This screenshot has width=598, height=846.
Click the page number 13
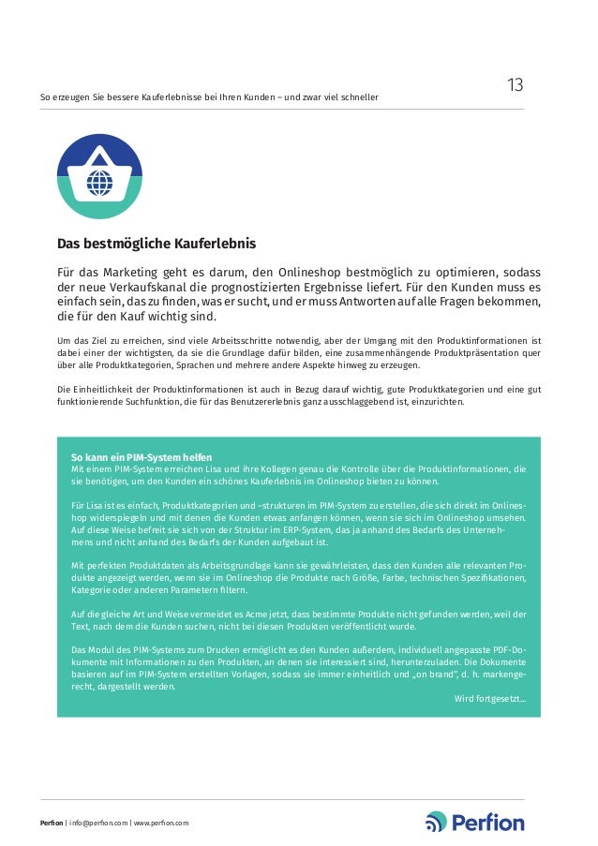(515, 85)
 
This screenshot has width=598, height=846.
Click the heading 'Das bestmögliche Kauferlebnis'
(157, 245)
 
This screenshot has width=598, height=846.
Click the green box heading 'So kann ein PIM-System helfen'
(142, 457)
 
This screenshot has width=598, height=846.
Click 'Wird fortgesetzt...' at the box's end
(489, 699)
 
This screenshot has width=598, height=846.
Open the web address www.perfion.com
(160, 823)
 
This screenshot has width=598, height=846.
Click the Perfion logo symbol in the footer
(437, 822)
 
